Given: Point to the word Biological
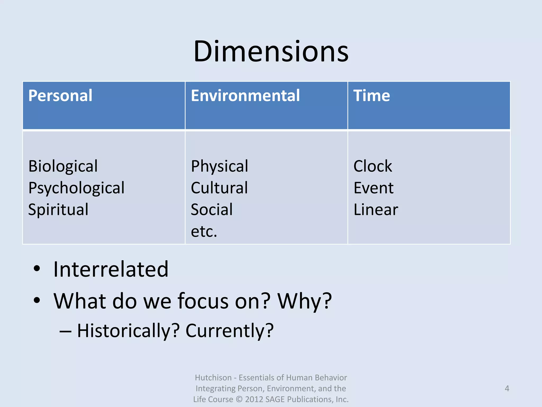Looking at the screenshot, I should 63,166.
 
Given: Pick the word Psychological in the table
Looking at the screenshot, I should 76,188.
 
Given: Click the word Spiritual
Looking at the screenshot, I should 58,210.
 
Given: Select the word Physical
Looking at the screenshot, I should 219,166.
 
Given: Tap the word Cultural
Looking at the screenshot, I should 219,188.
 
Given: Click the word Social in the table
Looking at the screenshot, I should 212,210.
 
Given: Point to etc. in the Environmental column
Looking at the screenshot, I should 204,231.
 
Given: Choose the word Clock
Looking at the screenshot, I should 373,166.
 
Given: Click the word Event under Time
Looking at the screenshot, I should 373,188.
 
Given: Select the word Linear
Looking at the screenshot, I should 376,210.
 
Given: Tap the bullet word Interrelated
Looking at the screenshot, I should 111,269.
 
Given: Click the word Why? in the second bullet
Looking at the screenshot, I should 304,301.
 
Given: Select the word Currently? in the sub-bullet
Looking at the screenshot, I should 229,331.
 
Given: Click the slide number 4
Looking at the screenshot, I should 507,388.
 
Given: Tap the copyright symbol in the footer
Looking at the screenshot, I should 239,399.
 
